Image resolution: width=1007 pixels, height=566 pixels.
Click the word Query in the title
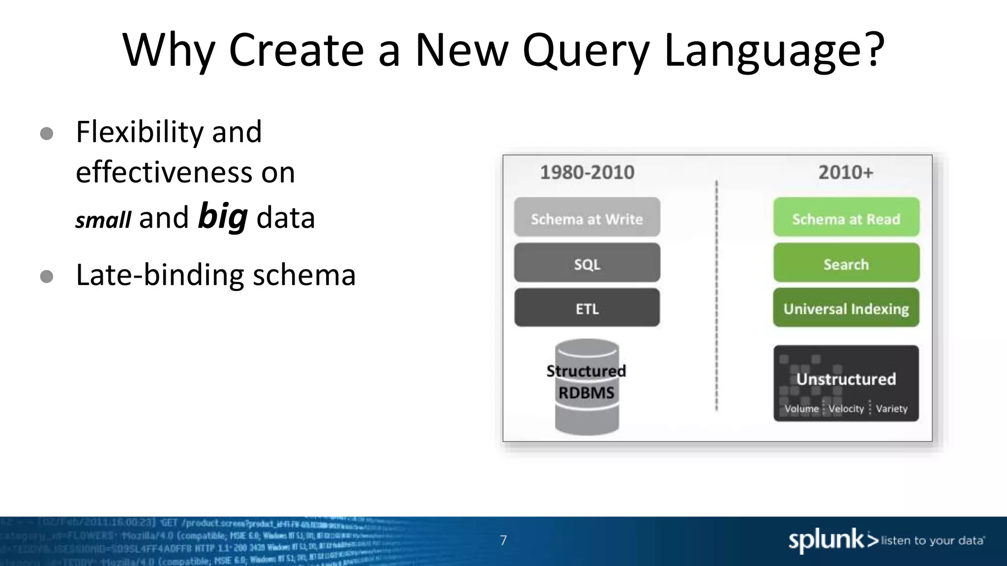[586, 51]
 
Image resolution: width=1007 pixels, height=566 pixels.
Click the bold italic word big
[222, 217]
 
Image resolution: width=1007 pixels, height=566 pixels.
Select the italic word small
[103, 220]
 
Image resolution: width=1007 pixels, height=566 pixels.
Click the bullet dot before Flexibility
[47, 134]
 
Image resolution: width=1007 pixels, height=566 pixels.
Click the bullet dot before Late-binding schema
[47, 277]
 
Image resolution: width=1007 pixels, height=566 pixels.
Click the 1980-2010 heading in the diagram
[587, 172]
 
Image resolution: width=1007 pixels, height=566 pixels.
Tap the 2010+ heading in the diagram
[846, 172]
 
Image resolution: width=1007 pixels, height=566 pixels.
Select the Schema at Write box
[587, 218]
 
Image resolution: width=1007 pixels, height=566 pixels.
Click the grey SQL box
[587, 263]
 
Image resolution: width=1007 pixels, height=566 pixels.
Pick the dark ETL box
[587, 308]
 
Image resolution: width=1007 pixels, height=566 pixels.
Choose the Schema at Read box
[846, 218]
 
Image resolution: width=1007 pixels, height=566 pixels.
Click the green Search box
[846, 263]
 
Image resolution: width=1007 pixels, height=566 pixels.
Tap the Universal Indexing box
[846, 308]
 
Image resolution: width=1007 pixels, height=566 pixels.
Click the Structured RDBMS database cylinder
[587, 387]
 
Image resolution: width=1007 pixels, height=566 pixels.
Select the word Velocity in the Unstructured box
[846, 409]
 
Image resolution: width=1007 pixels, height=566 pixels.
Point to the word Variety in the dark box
[891, 409]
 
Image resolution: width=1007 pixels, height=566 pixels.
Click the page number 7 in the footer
[503, 540]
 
